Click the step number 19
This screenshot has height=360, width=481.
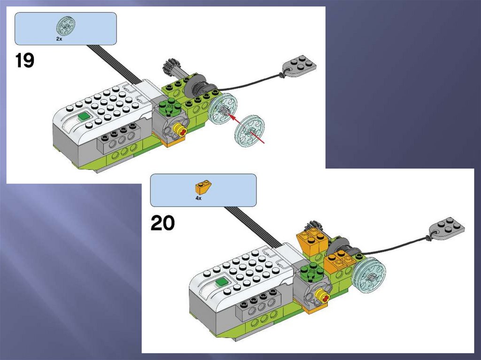tap(24, 61)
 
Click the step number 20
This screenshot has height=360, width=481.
tap(163, 223)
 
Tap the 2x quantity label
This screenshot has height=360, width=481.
tap(59, 39)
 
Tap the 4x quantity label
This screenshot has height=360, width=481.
tap(199, 199)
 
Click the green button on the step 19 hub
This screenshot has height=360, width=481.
tap(83, 117)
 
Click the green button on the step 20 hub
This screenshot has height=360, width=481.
tap(222, 282)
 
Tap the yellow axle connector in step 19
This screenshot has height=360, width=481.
tap(179, 130)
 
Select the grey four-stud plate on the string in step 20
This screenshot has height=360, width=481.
tap(447, 228)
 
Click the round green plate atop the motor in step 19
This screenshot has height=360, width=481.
tap(169, 107)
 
